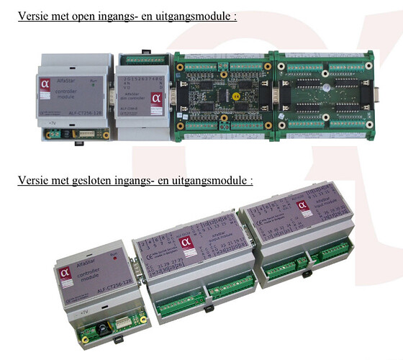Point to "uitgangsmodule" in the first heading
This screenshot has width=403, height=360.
point(196,16)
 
